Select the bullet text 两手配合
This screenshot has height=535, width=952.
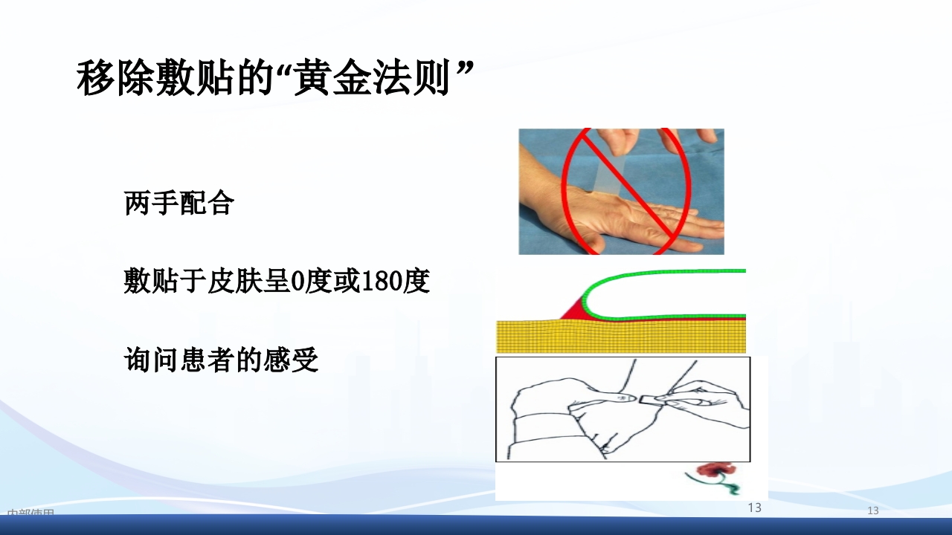click(x=179, y=203)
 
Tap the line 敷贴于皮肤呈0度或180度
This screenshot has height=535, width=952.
click(x=277, y=282)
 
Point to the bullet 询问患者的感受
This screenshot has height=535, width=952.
click(x=221, y=361)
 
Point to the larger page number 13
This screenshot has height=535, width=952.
click(x=754, y=508)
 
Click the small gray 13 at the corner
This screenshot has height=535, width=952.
click(x=873, y=511)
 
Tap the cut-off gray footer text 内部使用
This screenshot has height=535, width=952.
click(x=30, y=513)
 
